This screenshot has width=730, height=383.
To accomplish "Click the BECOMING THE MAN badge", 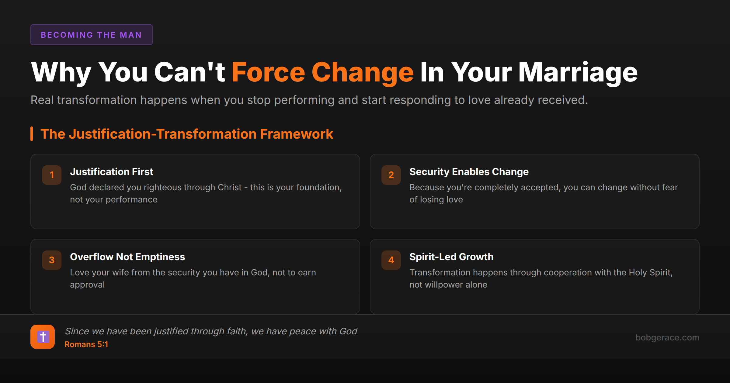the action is pyautogui.click(x=91, y=35).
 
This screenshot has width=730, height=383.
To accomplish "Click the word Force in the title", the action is pyautogui.click(x=268, y=72).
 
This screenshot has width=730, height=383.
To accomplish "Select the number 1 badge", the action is pyautogui.click(x=52, y=175).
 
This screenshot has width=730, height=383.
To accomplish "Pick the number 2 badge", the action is pyautogui.click(x=391, y=175).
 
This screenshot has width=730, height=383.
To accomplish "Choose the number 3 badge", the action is pyautogui.click(x=52, y=260).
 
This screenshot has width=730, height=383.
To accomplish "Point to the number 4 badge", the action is pyautogui.click(x=391, y=260).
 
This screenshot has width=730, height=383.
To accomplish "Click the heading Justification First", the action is pyautogui.click(x=112, y=172).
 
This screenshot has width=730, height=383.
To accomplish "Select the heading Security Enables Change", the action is pyautogui.click(x=469, y=172).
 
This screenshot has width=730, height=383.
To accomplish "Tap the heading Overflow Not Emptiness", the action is pyautogui.click(x=127, y=257).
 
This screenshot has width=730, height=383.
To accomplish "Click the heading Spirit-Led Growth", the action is pyautogui.click(x=451, y=257).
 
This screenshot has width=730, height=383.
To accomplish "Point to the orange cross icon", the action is pyautogui.click(x=43, y=337).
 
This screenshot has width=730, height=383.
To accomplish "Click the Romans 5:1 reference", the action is pyautogui.click(x=86, y=344).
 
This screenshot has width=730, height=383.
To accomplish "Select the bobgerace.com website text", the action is pyautogui.click(x=667, y=337).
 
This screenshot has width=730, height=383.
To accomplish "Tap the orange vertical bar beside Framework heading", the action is pyautogui.click(x=32, y=134).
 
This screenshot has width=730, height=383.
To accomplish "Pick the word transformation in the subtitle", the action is pyautogui.click(x=97, y=100).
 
